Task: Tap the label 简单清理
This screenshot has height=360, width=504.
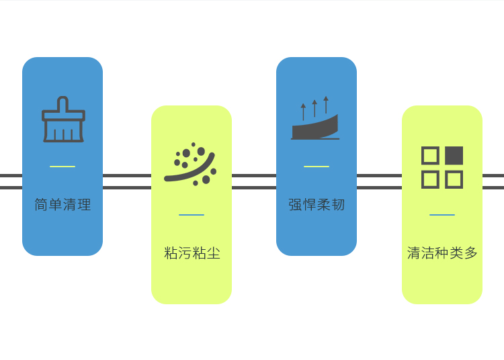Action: [62, 205]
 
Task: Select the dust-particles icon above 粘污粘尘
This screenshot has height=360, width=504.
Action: [191, 164]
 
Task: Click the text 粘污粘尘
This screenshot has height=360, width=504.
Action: [192, 253]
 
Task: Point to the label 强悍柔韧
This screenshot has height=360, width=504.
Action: [317, 205]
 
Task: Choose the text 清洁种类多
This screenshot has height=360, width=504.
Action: [442, 253]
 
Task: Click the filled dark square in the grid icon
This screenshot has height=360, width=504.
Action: [454, 156]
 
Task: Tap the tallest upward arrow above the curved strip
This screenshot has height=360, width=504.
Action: [326, 105]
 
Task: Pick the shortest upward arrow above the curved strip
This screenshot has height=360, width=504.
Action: [303, 111]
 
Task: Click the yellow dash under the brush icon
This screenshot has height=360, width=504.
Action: [62, 167]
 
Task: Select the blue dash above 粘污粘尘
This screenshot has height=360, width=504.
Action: [192, 215]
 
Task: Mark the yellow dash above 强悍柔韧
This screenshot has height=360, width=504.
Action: [317, 167]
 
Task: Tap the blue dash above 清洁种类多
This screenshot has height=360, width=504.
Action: [442, 215]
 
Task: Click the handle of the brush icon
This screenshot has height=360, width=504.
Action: [63, 103]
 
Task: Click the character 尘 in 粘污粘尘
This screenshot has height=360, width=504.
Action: [214, 253]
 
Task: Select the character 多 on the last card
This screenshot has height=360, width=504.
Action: [471, 253]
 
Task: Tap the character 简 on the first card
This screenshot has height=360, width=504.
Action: [41, 205]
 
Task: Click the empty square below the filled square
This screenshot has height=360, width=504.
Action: [454, 179]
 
